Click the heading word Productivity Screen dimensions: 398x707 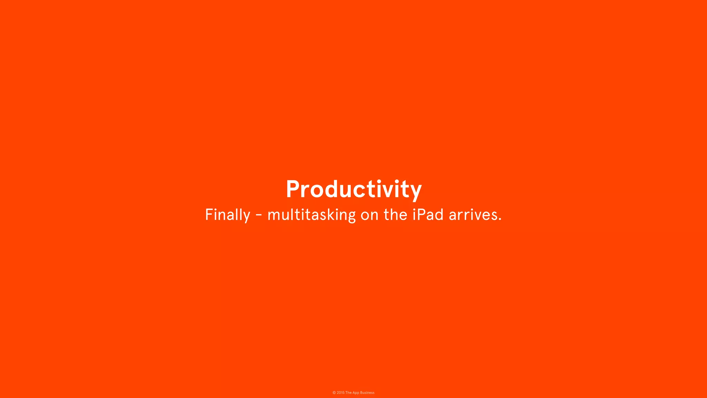[x=353, y=189]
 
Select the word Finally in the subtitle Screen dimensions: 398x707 [x=227, y=215]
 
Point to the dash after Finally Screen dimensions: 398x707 [x=259, y=216]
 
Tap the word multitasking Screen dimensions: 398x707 [x=311, y=215]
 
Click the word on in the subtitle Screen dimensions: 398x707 [x=369, y=216]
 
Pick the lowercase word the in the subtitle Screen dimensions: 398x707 [x=396, y=215]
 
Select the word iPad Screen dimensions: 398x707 [x=428, y=215]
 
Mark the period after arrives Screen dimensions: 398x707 [x=500, y=219]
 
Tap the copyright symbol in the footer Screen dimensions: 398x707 [x=334, y=393]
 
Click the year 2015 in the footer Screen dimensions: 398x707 [x=341, y=393]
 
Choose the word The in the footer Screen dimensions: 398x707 [x=348, y=393]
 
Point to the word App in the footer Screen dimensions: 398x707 [x=356, y=393]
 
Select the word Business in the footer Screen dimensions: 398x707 [x=367, y=393]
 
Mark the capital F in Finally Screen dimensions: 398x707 [x=209, y=215]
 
